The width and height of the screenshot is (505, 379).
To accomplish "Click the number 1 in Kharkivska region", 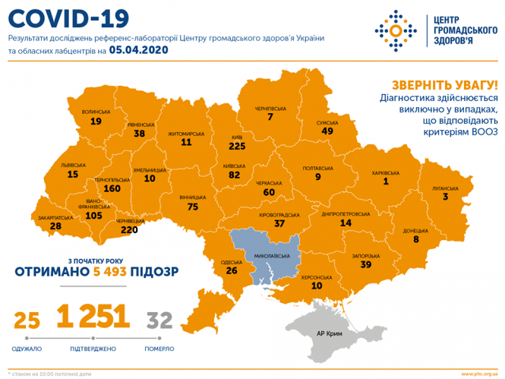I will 385,182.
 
